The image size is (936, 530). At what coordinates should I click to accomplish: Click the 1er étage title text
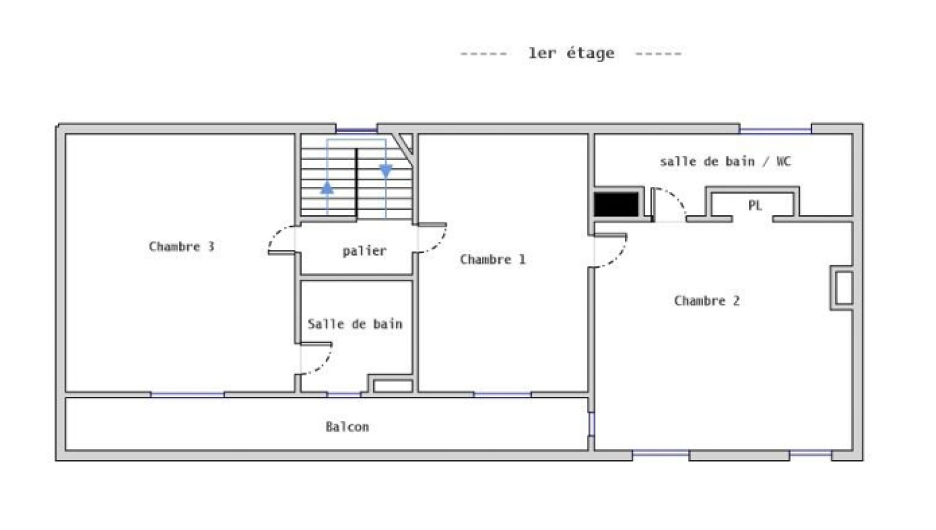(571, 53)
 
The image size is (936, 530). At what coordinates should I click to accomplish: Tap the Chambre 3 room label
(181, 246)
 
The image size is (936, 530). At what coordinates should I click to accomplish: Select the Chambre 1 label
(492, 259)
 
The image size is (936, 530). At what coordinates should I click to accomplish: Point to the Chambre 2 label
(707, 300)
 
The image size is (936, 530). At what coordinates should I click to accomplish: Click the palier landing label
(364, 251)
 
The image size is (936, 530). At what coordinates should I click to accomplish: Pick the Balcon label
(347, 427)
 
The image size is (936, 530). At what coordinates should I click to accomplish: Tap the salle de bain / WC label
(725, 161)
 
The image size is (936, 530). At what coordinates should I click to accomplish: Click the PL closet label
(755, 205)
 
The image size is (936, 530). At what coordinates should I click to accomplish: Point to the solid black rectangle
(617, 205)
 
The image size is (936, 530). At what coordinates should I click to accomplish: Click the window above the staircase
(356, 130)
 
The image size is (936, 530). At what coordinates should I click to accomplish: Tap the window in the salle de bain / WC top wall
(776, 130)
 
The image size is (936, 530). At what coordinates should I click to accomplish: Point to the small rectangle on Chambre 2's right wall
(844, 288)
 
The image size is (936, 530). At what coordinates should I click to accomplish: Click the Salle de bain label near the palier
(355, 324)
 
